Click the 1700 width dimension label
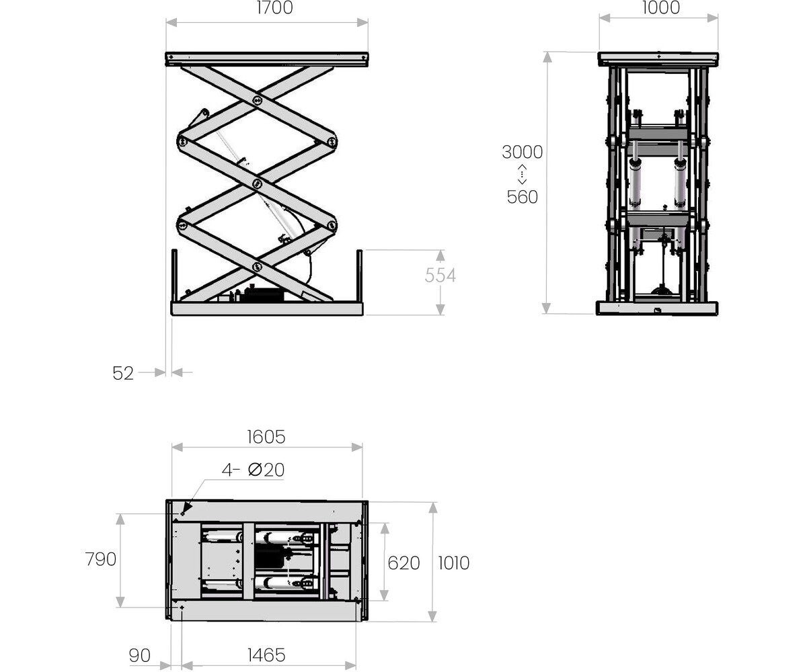point(275,7)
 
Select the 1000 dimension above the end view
point(661,7)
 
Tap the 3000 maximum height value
point(522,152)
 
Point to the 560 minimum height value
point(522,197)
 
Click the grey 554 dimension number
point(440,276)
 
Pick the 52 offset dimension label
point(123,373)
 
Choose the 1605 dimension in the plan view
point(266,437)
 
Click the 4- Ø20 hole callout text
point(253,470)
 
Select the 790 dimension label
point(100,559)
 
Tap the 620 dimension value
point(403,563)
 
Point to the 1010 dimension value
point(454,563)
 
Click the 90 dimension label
point(139,655)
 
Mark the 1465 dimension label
point(266,655)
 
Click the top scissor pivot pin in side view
point(257,101)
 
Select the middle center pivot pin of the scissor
point(257,184)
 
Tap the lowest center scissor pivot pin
point(257,267)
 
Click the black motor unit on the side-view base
point(264,295)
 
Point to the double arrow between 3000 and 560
point(522,174)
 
